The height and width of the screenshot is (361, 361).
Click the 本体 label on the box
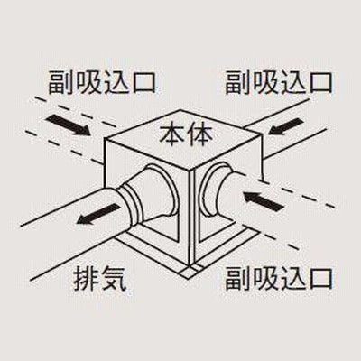[x=186, y=135]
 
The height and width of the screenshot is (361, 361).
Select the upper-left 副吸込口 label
[x=102, y=82]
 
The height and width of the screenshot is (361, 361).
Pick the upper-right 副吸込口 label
[x=279, y=82]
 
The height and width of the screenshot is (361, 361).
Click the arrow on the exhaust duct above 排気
[x=97, y=214]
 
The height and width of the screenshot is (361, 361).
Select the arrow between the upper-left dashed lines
[x=68, y=125]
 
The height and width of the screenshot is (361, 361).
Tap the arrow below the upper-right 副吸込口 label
[x=285, y=126]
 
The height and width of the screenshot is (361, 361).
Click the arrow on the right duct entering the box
[x=264, y=201]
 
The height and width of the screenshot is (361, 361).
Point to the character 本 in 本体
[x=172, y=135]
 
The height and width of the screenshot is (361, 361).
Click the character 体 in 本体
[x=200, y=135]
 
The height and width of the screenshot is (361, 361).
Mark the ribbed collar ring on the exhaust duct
[x=130, y=205]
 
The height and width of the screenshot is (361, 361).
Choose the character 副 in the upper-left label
[x=61, y=82]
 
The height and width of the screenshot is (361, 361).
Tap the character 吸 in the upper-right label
[x=265, y=82]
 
